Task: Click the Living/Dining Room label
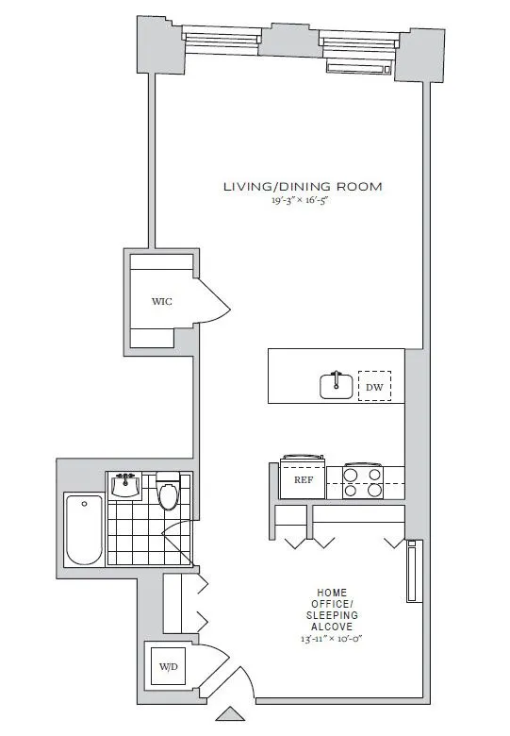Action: point(302,186)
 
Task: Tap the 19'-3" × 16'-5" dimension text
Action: point(302,201)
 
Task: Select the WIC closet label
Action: point(162,302)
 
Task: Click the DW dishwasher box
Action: point(374,385)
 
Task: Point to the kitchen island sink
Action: point(337,385)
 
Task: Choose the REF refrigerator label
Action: point(303,479)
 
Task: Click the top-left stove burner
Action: point(351,476)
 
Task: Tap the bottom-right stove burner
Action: point(374,491)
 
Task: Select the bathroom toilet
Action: point(169,493)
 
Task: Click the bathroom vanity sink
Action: point(125,486)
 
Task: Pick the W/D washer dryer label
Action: point(168,667)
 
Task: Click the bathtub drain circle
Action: point(83,503)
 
